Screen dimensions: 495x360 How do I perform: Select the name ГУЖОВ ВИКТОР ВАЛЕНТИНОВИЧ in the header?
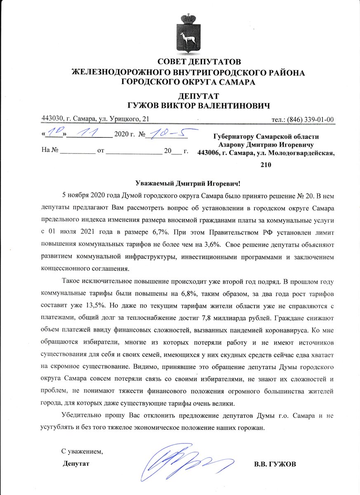(x=188, y=106)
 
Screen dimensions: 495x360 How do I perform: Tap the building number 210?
(x=266, y=165)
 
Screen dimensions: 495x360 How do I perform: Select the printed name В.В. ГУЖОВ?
(x=275, y=464)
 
